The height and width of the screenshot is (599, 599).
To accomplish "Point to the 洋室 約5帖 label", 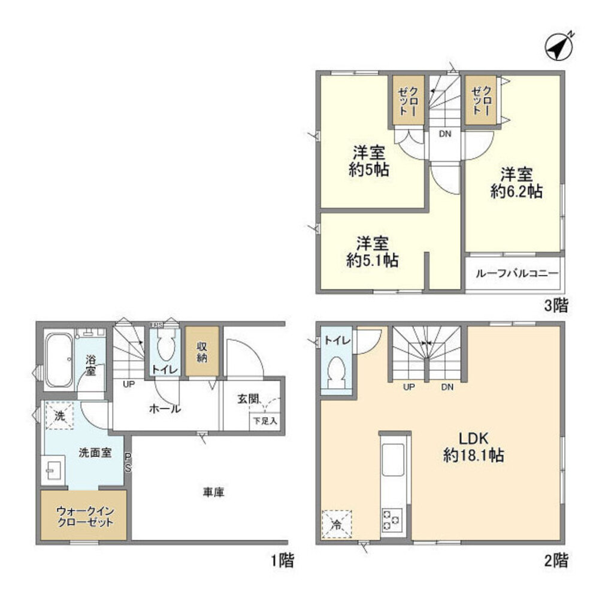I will click(x=369, y=161).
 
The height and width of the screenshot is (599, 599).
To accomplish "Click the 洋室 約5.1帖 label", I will click(x=373, y=252).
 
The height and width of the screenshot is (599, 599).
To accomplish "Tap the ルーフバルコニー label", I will click(x=516, y=274).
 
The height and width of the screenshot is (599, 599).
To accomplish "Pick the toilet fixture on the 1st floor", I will click(x=164, y=347).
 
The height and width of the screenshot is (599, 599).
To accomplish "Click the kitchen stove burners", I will click(x=393, y=518).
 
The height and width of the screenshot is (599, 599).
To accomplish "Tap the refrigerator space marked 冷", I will click(x=337, y=525).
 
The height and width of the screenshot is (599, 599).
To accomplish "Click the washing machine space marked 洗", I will click(x=59, y=417).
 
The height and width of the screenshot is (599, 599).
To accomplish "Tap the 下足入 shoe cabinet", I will click(x=264, y=421).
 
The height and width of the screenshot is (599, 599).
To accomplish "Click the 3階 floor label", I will click(x=555, y=306).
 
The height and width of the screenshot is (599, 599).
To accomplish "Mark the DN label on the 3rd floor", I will click(x=444, y=134).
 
